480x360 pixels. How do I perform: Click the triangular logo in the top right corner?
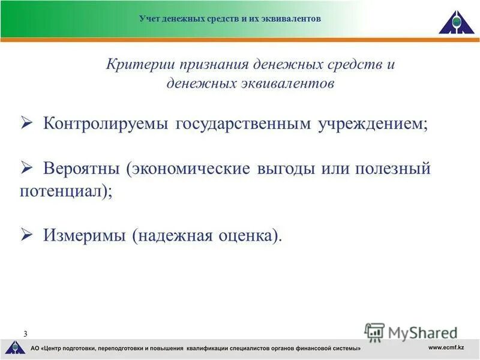(x=455, y=22)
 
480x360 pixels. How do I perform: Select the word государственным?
(x=244, y=124)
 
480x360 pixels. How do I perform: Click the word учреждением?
(x=373, y=124)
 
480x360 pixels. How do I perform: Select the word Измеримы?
(x=83, y=236)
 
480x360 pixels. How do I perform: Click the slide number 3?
(x=25, y=334)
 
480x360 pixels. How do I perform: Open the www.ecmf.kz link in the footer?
(x=446, y=348)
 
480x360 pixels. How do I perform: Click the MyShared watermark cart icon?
(x=374, y=332)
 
